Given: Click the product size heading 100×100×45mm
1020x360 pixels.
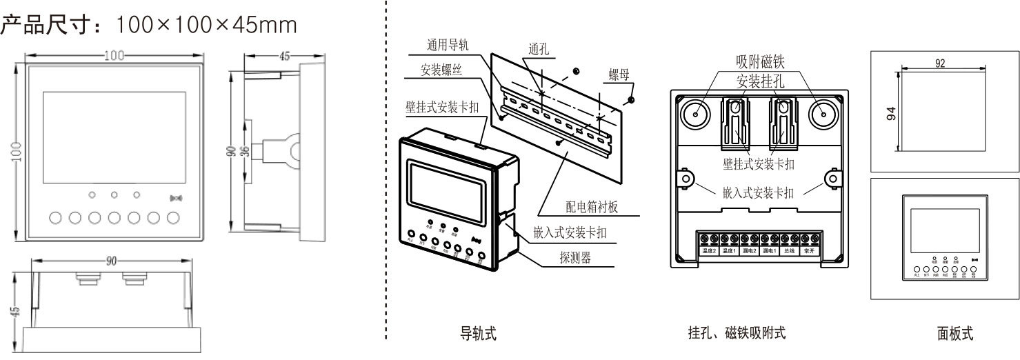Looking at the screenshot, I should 148,26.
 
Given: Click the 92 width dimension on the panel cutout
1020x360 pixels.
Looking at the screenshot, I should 940,63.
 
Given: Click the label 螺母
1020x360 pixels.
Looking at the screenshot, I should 619,74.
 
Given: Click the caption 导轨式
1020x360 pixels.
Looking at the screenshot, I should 477,334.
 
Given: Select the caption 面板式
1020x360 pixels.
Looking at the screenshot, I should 954,334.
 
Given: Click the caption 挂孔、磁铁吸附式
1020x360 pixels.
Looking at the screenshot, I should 736,334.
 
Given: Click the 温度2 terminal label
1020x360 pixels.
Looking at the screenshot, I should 708,252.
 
